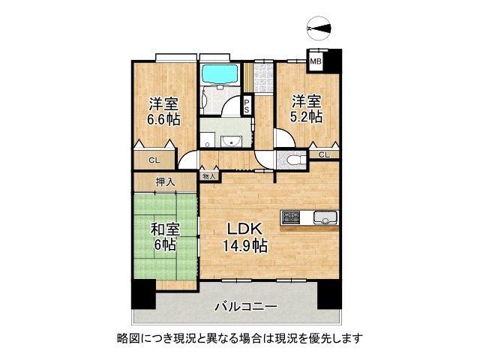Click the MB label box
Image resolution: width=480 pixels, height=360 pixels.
pyautogui.click(x=316, y=61)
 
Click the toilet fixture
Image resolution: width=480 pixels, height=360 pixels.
pyautogui.click(x=293, y=160)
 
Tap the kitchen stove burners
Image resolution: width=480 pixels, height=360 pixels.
pyautogui.click(x=291, y=217)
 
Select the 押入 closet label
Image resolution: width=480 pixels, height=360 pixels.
pyautogui.click(x=165, y=181)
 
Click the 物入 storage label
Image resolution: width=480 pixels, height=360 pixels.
pyautogui.click(x=208, y=176)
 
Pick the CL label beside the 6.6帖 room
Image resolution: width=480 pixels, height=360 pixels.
pyautogui.click(x=153, y=160)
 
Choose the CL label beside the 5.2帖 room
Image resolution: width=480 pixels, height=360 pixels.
pyautogui.click(x=323, y=154)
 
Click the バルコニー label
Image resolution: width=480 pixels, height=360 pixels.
pyautogui.click(x=246, y=306)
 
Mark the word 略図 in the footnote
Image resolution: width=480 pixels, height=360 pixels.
pyautogui.click(x=127, y=338)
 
